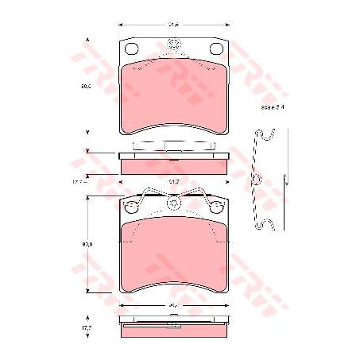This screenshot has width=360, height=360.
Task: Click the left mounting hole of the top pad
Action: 133,48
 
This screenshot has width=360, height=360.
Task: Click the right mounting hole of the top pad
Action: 216,48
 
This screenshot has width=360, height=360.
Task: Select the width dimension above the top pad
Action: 172,24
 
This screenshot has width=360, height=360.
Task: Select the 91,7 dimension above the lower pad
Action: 174,181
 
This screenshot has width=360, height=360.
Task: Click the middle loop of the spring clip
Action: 257,180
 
